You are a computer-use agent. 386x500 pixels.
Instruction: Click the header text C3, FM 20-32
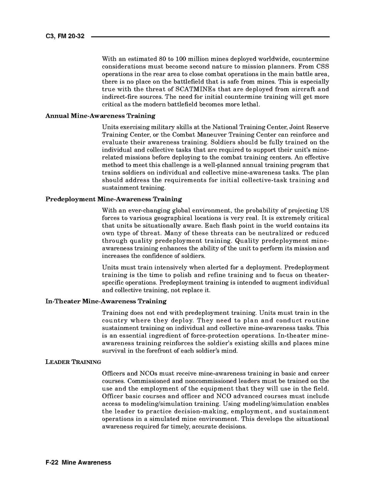pos(65,37)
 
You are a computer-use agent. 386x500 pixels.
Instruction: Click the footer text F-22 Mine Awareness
pos(78,462)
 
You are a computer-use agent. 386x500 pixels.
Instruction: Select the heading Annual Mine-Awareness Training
pos(100,116)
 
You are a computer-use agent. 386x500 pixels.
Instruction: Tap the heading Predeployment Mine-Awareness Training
pos(113,199)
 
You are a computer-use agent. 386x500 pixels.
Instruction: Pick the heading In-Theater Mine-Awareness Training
pos(106,301)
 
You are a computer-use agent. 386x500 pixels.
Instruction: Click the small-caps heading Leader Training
pos(73,362)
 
